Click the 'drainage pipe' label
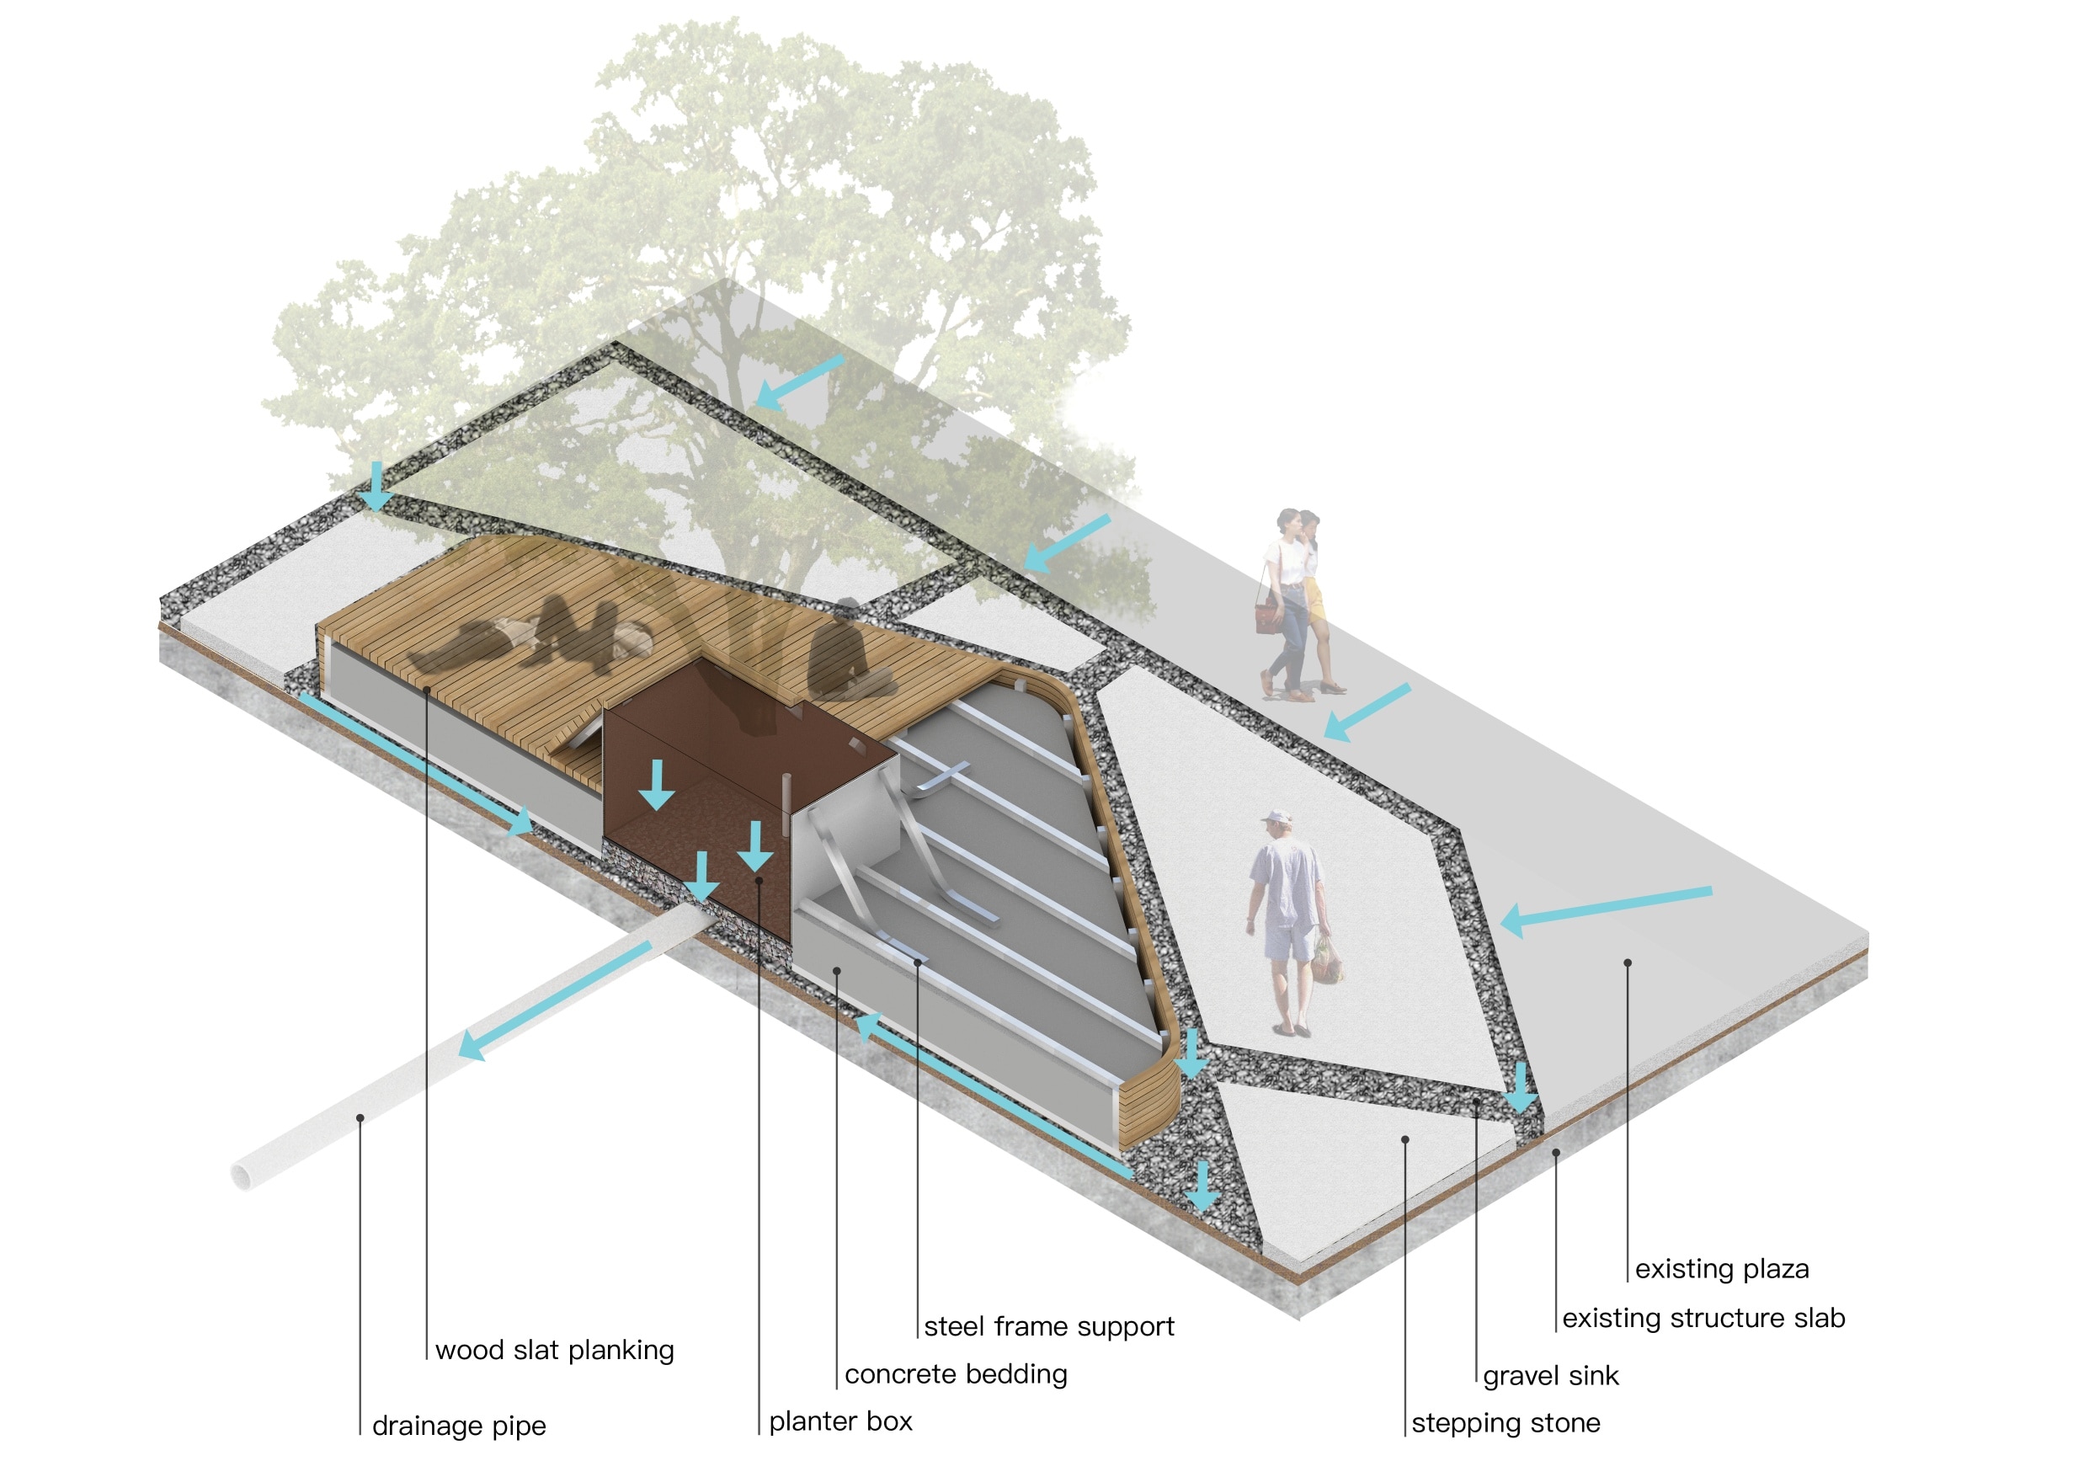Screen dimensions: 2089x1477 click(x=459, y=1426)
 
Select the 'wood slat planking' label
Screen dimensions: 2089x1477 click(x=554, y=1351)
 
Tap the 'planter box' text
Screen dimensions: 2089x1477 click(x=839, y=1421)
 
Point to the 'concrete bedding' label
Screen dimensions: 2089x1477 click(x=956, y=1374)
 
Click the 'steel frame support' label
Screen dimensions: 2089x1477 click(x=1049, y=1327)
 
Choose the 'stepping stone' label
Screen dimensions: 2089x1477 click(x=1505, y=1423)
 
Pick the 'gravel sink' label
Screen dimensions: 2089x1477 click(x=1550, y=1376)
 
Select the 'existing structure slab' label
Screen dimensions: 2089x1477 click(x=1703, y=1318)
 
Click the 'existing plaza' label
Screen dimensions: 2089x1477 click(x=1721, y=1269)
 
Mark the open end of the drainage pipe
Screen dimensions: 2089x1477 click(x=246, y=1174)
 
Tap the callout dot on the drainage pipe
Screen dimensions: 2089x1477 click(x=360, y=1117)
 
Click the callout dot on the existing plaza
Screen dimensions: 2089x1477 click(x=1628, y=962)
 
